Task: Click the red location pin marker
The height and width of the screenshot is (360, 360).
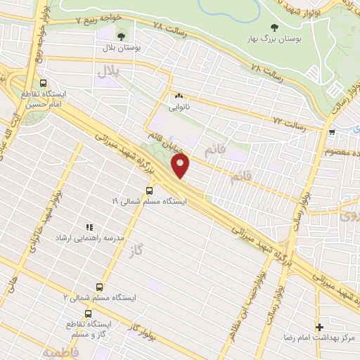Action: tap(181, 166)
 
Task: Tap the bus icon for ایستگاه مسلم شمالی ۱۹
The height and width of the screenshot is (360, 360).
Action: tap(149, 190)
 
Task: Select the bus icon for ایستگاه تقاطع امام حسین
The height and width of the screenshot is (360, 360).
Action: tap(44, 82)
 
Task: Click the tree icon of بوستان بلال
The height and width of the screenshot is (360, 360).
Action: tap(121, 36)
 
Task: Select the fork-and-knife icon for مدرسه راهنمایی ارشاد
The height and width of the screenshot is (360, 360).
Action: tap(89, 227)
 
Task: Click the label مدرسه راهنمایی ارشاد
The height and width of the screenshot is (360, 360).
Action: tap(89, 238)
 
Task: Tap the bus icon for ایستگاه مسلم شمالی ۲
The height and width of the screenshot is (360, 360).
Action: tap(98, 287)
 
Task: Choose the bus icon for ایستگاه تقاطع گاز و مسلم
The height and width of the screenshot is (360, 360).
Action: tap(88, 314)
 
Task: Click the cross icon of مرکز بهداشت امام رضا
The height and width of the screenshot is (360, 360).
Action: tap(320, 327)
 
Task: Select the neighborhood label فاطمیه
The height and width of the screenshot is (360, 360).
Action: tap(59, 349)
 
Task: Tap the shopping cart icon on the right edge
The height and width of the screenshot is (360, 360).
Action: tap(331, 131)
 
